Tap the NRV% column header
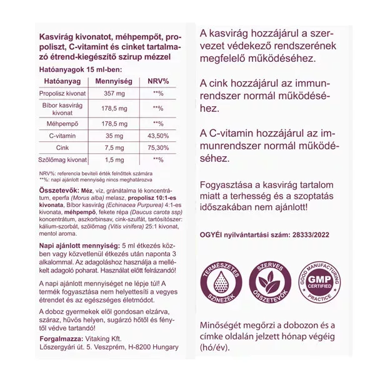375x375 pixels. (x=158, y=81)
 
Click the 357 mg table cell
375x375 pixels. (x=114, y=93)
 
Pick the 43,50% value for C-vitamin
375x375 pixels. (x=158, y=136)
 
